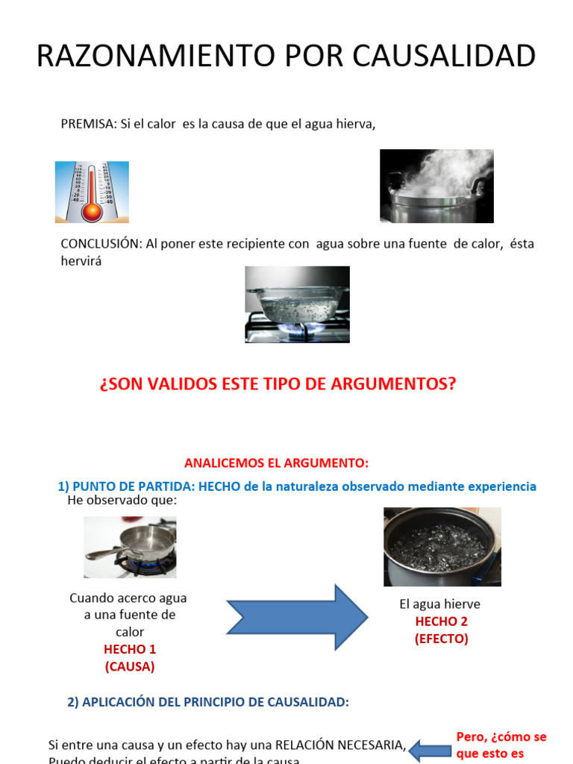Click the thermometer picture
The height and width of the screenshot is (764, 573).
(x=92, y=192)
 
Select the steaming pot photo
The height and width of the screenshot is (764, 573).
(x=436, y=186)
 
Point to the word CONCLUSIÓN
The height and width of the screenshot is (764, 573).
(x=101, y=244)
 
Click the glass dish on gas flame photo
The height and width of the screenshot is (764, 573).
(x=297, y=304)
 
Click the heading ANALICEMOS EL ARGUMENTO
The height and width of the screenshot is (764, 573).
(x=276, y=463)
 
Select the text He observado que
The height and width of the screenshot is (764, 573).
(x=122, y=501)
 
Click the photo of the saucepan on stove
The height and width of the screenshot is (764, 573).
(x=130, y=548)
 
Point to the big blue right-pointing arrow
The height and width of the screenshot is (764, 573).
(x=297, y=617)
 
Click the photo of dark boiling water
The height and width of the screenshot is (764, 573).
(x=442, y=547)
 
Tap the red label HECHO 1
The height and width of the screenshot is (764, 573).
(x=130, y=649)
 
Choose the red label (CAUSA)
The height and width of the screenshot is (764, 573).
(x=130, y=666)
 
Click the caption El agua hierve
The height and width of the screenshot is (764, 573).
(x=439, y=604)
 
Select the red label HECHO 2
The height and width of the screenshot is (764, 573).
(x=442, y=621)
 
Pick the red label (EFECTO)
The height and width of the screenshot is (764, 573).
(x=442, y=639)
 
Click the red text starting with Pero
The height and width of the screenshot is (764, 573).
(x=501, y=745)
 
